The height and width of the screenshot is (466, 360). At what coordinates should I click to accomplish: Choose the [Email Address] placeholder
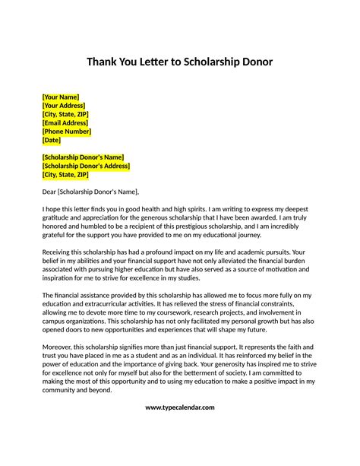(65, 122)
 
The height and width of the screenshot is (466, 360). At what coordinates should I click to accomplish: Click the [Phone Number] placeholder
(67, 131)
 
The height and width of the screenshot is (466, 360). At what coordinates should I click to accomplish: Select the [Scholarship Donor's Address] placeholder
(86, 165)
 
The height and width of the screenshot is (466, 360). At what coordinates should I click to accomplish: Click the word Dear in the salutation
(49, 192)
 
